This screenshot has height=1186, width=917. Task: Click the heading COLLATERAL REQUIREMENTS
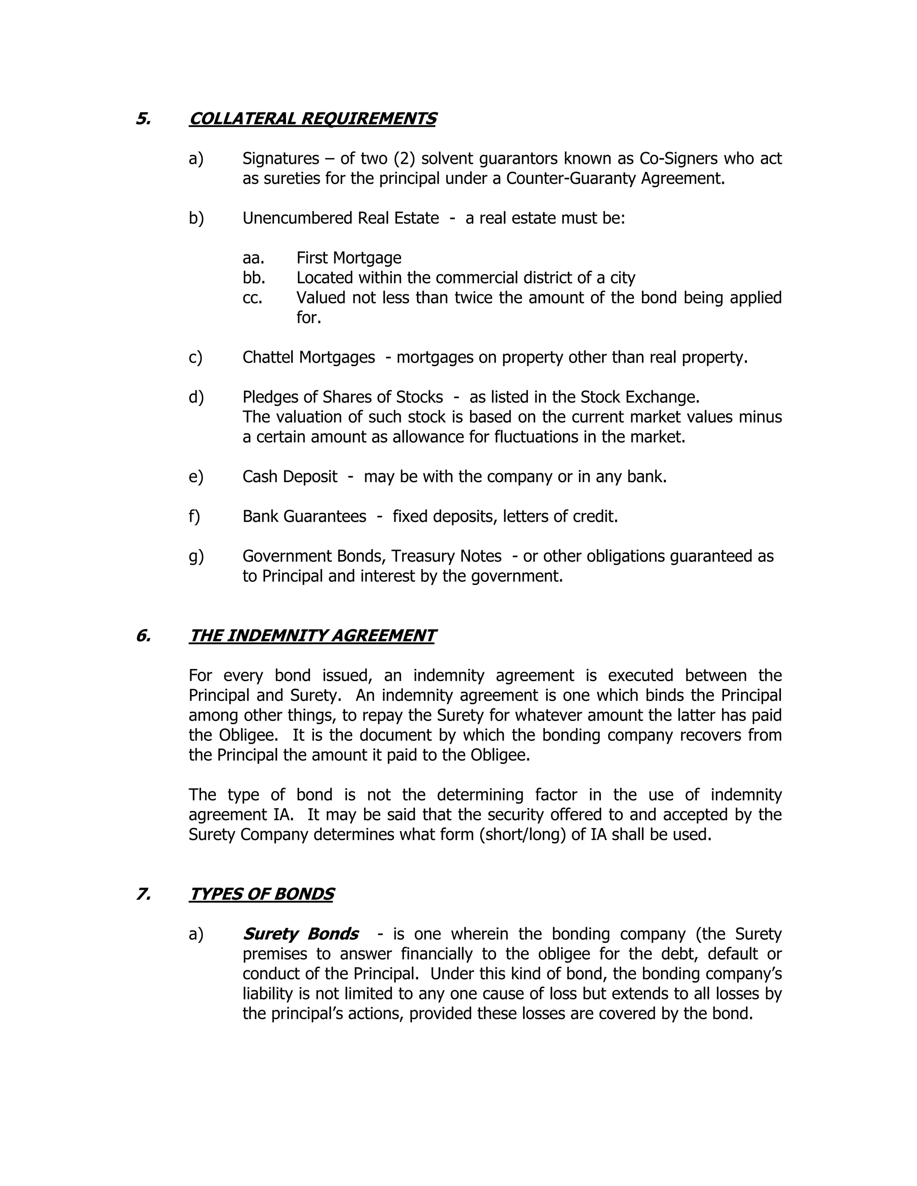point(313,119)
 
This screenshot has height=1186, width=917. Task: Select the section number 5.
point(143,119)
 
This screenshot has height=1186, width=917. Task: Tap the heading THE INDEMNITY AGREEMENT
point(313,636)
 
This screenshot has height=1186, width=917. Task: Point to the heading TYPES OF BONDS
point(261,894)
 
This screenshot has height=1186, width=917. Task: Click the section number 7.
point(143,894)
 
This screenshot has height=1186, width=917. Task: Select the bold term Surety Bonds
point(300,934)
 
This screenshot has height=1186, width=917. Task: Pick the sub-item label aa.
point(253,258)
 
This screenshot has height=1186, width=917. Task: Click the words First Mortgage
point(349,258)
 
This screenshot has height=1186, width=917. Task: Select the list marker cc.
point(253,298)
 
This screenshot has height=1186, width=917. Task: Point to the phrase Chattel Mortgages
point(309,357)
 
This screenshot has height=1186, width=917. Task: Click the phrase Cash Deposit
point(290,477)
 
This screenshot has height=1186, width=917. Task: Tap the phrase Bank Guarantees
point(304,516)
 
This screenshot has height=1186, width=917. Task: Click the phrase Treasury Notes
point(446,556)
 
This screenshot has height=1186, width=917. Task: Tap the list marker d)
point(196,397)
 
